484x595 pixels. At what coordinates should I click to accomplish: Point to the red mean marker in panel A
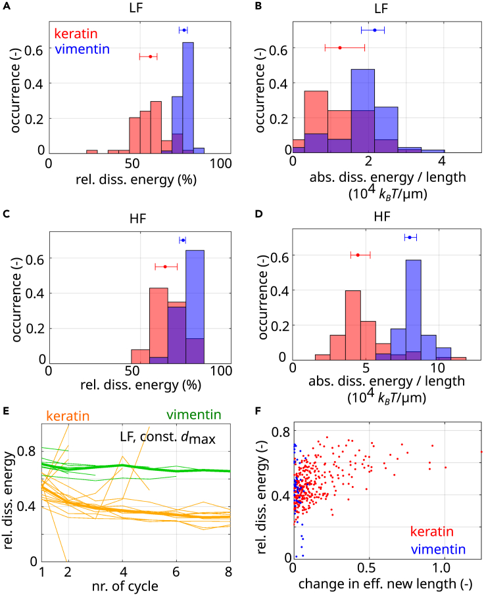[x=150, y=56]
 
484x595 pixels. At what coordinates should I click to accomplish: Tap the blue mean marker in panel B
[x=375, y=30]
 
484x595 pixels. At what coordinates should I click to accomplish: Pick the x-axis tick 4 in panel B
[x=442, y=160]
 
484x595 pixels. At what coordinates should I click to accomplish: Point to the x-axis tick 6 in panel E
[x=176, y=569]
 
